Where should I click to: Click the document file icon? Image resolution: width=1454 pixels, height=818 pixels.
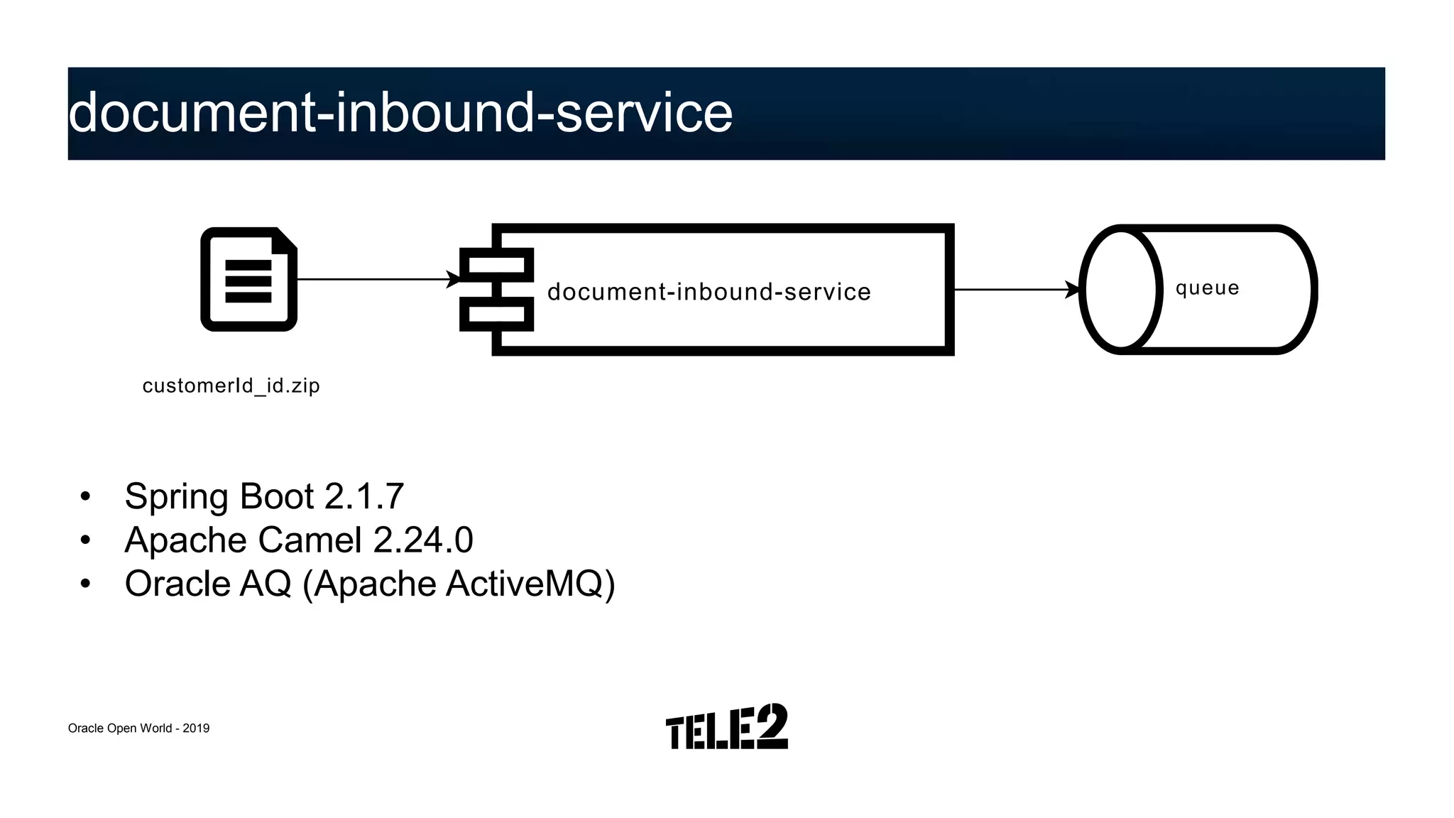248,279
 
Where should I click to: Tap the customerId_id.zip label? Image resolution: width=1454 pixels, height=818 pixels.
231,386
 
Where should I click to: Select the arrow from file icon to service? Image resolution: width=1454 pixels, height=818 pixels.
376,279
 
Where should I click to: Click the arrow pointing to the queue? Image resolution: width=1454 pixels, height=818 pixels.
1015,290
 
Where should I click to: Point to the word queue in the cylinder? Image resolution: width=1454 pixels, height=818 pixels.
1207,288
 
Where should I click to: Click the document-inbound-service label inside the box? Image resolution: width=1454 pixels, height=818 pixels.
709,292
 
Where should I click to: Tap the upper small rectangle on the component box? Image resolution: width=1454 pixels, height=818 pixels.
496,265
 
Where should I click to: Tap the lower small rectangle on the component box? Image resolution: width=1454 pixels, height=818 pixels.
496,314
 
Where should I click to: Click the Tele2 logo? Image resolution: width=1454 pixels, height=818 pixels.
726,727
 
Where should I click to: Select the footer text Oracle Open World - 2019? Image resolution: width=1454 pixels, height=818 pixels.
138,729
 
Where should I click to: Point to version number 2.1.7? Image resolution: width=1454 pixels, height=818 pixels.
364,496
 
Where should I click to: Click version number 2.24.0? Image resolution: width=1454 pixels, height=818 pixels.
423,540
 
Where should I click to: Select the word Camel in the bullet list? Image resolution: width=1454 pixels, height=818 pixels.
310,540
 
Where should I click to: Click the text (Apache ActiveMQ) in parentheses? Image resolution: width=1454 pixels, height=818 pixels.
459,584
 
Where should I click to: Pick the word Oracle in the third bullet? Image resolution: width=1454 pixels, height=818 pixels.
176,584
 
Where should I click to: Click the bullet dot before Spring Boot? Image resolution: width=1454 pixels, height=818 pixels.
86,496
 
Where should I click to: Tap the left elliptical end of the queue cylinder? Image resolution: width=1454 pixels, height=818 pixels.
1120,290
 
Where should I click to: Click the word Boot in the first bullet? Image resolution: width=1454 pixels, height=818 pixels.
277,496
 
